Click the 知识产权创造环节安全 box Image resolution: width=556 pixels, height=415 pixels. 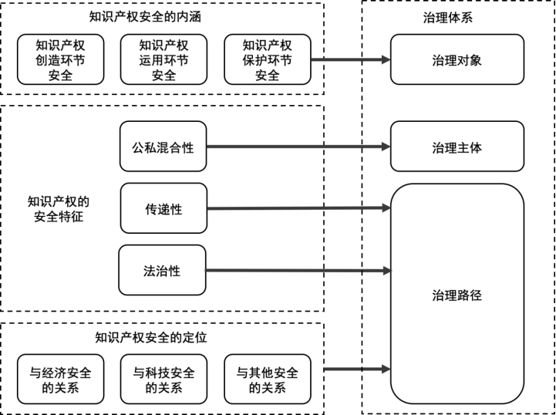coord(60,59)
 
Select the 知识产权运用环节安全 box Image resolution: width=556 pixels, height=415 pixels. coord(163,59)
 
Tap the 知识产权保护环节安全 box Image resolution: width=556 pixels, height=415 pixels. coord(267,59)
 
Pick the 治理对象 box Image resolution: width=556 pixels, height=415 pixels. coord(457,59)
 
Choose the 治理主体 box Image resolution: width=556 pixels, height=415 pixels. coord(457,147)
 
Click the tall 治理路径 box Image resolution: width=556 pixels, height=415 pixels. coord(457,295)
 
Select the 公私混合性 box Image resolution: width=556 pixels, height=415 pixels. coord(163,147)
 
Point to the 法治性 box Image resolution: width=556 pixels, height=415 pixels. coord(163,271)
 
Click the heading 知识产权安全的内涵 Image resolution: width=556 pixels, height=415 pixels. coord(163,17)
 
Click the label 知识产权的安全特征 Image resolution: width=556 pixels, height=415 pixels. coord(58,209)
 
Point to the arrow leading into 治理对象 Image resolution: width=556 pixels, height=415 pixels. coord(351,59)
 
